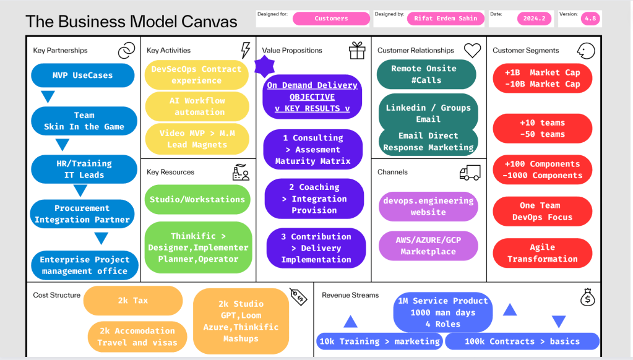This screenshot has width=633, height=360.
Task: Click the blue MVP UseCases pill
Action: (83, 75)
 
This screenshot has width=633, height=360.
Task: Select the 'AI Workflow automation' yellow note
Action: (197, 106)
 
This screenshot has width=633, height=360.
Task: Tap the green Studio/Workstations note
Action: (197, 199)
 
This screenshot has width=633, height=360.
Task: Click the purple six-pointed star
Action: (264, 66)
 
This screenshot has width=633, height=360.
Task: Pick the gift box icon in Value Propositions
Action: (357, 51)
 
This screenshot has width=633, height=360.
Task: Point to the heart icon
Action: (472, 51)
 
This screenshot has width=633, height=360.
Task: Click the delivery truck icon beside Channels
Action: (470, 173)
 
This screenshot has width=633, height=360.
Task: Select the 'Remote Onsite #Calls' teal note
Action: (426, 74)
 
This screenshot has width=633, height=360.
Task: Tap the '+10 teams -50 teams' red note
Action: (543, 128)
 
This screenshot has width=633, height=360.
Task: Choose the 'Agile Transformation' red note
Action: (543, 253)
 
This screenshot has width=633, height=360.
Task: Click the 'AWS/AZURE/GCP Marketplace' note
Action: (428, 246)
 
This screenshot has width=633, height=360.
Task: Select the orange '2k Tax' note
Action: (133, 301)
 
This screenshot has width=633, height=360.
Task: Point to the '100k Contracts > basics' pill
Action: (522, 341)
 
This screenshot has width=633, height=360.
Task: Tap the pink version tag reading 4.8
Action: (590, 19)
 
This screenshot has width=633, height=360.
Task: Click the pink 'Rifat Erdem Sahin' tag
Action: (446, 19)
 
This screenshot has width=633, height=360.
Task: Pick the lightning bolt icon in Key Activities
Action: (246, 51)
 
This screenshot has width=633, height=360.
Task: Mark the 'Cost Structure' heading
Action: (56, 295)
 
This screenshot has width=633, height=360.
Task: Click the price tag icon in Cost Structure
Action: (298, 297)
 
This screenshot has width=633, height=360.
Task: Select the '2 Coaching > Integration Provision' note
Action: (314, 199)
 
